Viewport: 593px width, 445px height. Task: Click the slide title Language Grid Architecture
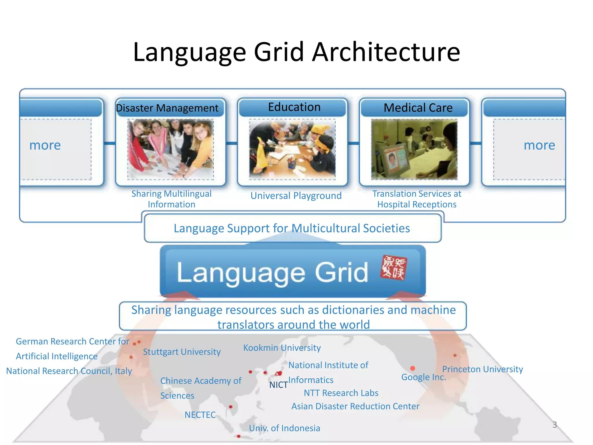(x=296, y=52)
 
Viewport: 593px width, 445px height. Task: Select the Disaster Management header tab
(x=167, y=108)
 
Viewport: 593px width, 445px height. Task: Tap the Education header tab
(x=294, y=107)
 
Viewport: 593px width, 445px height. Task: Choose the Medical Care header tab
(x=418, y=108)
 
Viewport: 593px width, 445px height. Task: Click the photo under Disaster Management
(x=171, y=149)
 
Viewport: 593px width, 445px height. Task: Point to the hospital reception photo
(x=414, y=149)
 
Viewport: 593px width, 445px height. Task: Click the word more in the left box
(x=45, y=145)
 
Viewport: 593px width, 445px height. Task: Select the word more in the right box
(x=539, y=145)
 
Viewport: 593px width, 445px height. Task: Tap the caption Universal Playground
(x=296, y=196)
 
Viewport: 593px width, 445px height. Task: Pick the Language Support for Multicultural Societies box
(x=292, y=228)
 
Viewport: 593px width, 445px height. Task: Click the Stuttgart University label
(x=182, y=352)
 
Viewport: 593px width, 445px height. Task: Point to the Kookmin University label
(x=282, y=348)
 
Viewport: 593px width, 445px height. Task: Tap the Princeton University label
(x=482, y=369)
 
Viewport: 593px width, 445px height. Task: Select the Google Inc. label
(x=423, y=377)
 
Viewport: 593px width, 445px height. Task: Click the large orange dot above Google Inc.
(x=413, y=368)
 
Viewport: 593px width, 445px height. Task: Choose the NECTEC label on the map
(x=200, y=415)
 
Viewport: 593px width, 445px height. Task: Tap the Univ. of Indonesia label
(x=284, y=428)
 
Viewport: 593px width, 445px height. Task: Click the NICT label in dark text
(x=278, y=385)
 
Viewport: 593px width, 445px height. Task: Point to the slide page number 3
(x=554, y=425)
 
